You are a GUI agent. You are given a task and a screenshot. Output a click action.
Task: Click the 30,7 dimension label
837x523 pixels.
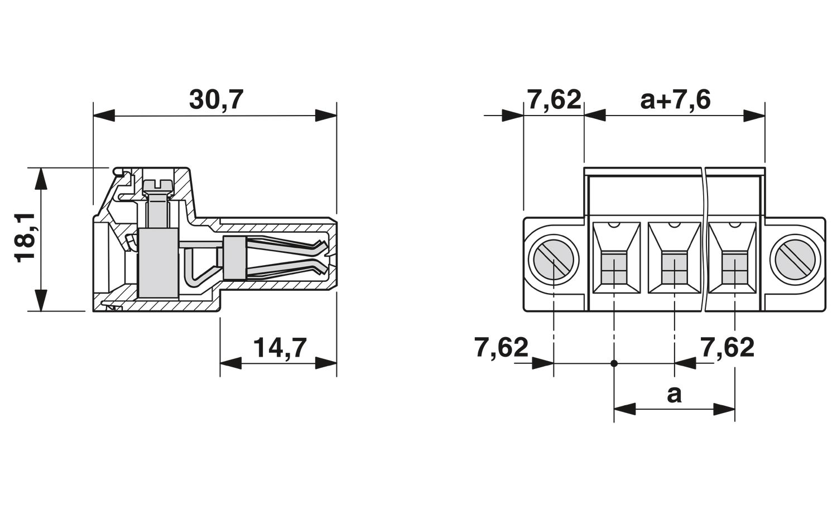[x=216, y=100]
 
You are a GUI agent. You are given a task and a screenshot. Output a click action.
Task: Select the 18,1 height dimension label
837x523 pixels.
[x=25, y=238]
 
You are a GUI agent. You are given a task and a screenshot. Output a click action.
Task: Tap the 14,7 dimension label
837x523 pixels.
[x=280, y=348]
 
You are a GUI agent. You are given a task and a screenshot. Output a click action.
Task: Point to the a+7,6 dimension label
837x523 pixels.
[x=675, y=100]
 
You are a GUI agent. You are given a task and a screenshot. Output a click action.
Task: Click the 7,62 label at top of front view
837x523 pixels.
[x=554, y=100]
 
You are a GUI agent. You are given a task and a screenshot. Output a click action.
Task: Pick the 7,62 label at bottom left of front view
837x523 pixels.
[x=502, y=347]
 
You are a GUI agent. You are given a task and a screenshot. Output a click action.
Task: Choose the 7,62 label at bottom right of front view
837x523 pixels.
[x=727, y=347]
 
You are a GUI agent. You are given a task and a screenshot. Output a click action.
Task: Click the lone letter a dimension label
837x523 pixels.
[x=674, y=395]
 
